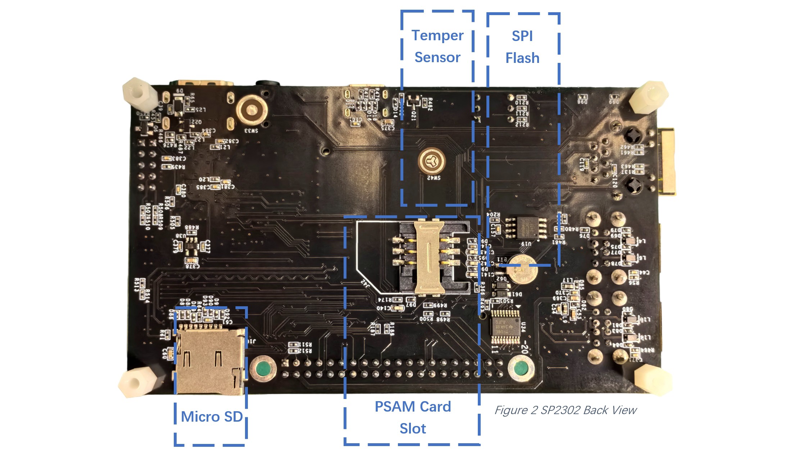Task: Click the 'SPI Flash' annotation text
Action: point(522,47)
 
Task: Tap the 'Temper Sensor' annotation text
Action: point(437,46)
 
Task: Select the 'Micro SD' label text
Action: point(212,417)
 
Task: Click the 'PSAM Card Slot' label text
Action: point(413,417)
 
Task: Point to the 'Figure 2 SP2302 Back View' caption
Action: point(565,410)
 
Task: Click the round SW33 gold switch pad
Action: point(252,111)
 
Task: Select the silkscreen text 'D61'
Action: point(517,294)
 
